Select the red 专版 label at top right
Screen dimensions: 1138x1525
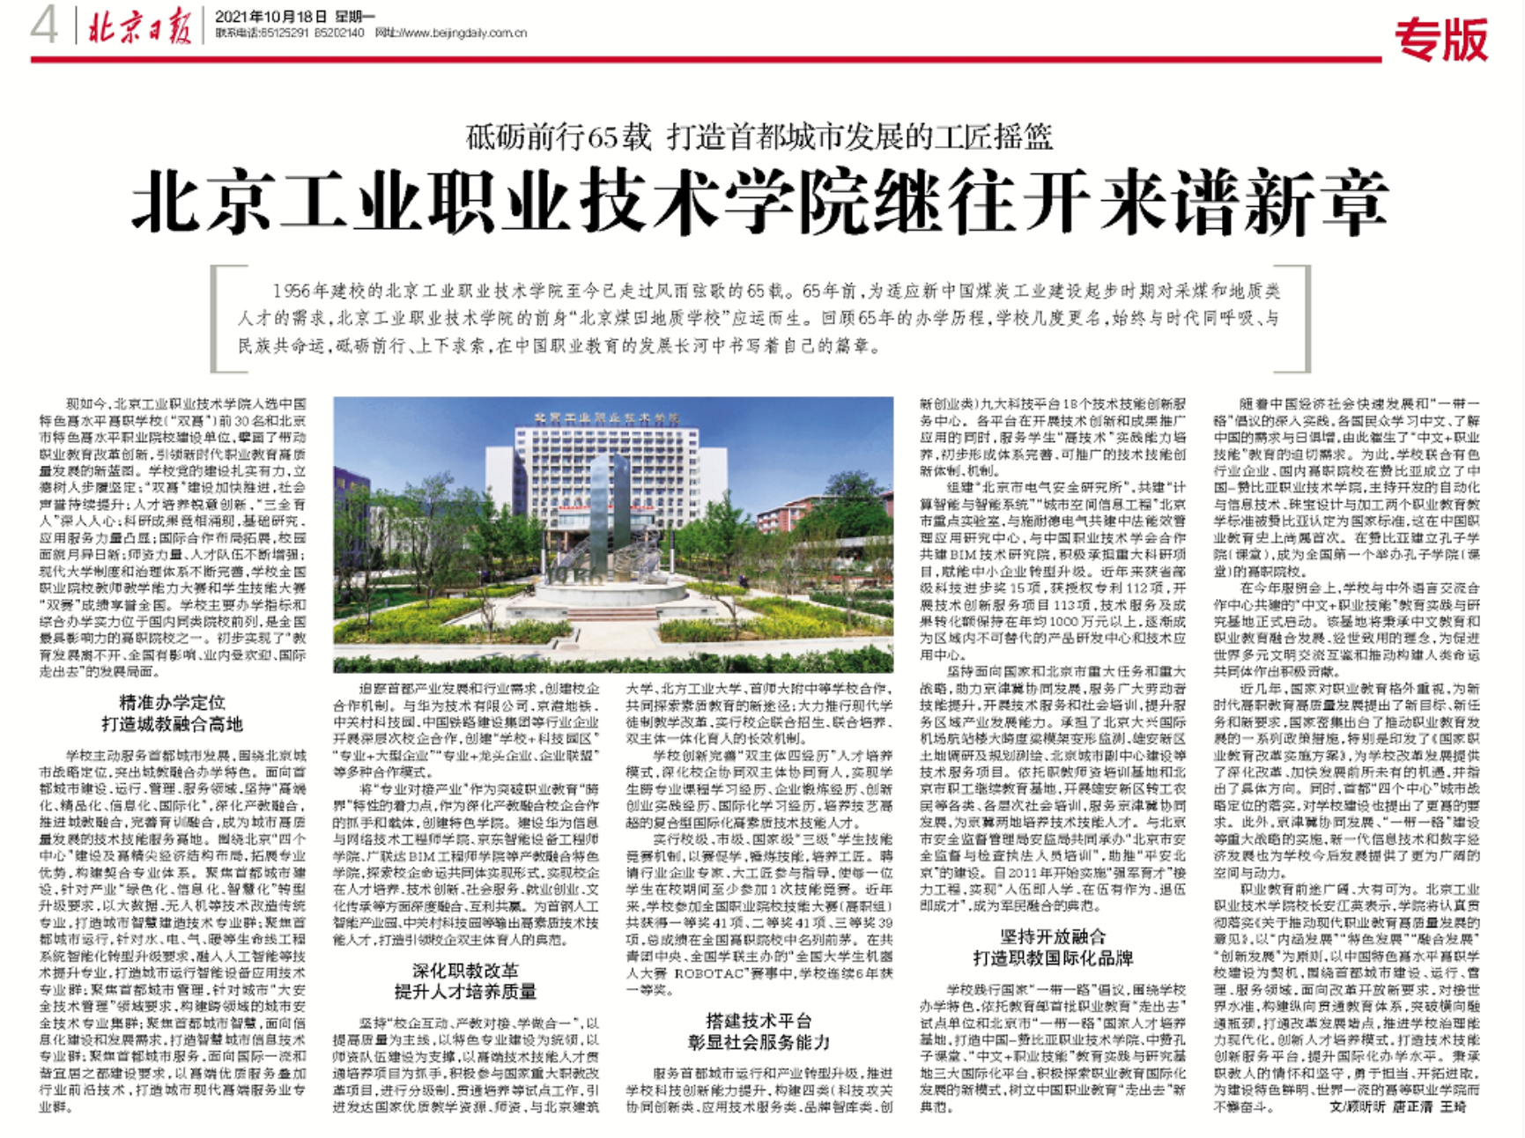1441,40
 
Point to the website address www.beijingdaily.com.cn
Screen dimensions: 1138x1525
463,33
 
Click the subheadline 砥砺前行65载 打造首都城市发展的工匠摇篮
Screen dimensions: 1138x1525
759,137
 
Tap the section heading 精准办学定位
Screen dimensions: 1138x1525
172,702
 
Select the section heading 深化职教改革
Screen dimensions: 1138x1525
466,971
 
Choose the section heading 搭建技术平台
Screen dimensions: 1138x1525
759,1020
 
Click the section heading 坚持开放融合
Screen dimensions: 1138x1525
1053,937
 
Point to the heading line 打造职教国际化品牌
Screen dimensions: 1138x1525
1053,958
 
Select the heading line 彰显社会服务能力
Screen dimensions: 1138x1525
759,1042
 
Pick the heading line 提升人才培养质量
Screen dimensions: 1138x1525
466,992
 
